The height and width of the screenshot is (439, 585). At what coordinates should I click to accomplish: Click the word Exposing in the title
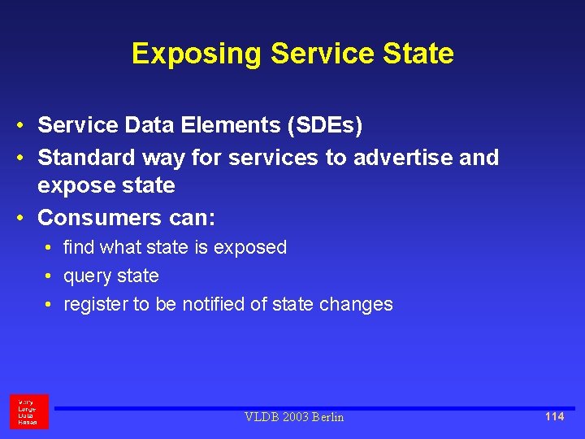[197, 54]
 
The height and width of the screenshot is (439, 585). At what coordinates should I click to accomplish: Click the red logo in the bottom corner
[28, 411]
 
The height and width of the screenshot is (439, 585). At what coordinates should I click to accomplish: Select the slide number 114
[554, 416]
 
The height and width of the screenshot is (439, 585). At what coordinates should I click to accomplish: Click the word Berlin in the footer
[327, 417]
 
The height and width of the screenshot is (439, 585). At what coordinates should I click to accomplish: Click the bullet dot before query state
[50, 276]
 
